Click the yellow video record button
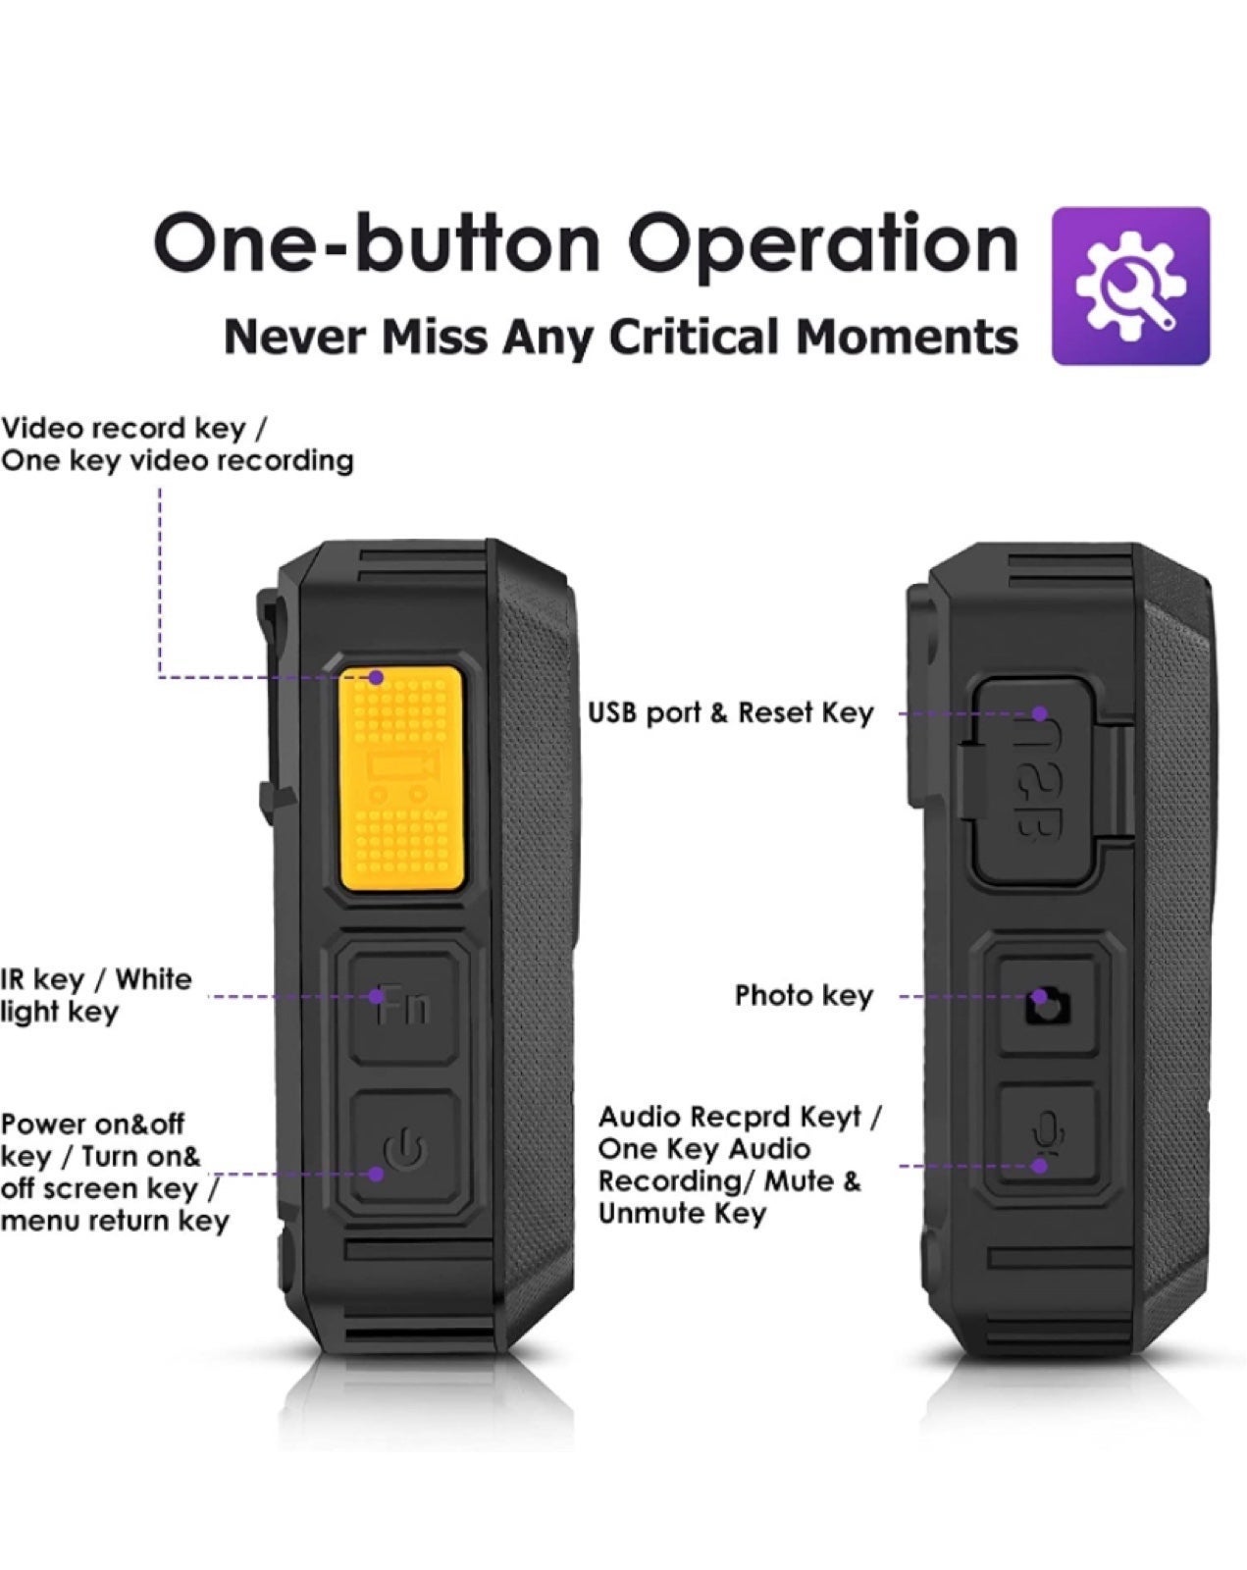pos(402,779)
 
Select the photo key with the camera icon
pos(1048,1006)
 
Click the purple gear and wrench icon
pos(1130,286)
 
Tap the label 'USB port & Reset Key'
pos(730,712)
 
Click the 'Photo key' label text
pos(804,996)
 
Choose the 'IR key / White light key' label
pos(95,995)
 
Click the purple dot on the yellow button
pos(376,678)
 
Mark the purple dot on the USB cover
pos(1041,713)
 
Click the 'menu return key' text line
pos(115,1221)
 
